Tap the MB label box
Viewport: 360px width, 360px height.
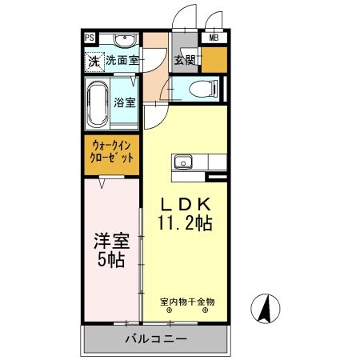[214, 38]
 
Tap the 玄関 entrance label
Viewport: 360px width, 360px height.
[186, 58]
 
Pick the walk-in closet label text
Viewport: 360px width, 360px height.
[112, 152]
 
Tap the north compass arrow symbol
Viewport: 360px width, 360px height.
[263, 306]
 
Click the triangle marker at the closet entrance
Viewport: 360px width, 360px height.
[104, 183]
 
